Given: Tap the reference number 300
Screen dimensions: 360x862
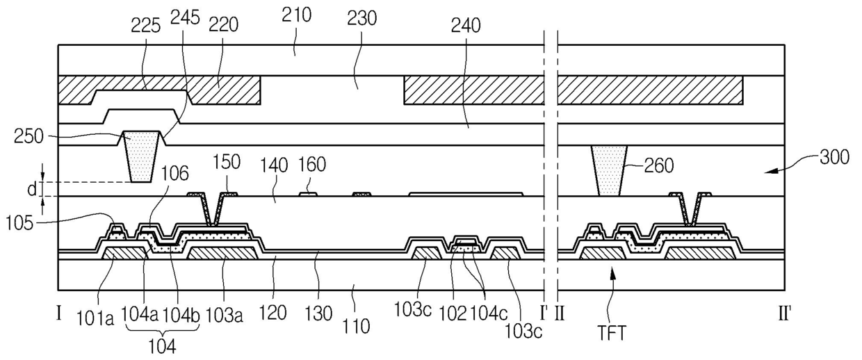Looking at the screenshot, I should coord(834,158).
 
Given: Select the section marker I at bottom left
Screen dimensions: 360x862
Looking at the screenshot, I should coord(59,313).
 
